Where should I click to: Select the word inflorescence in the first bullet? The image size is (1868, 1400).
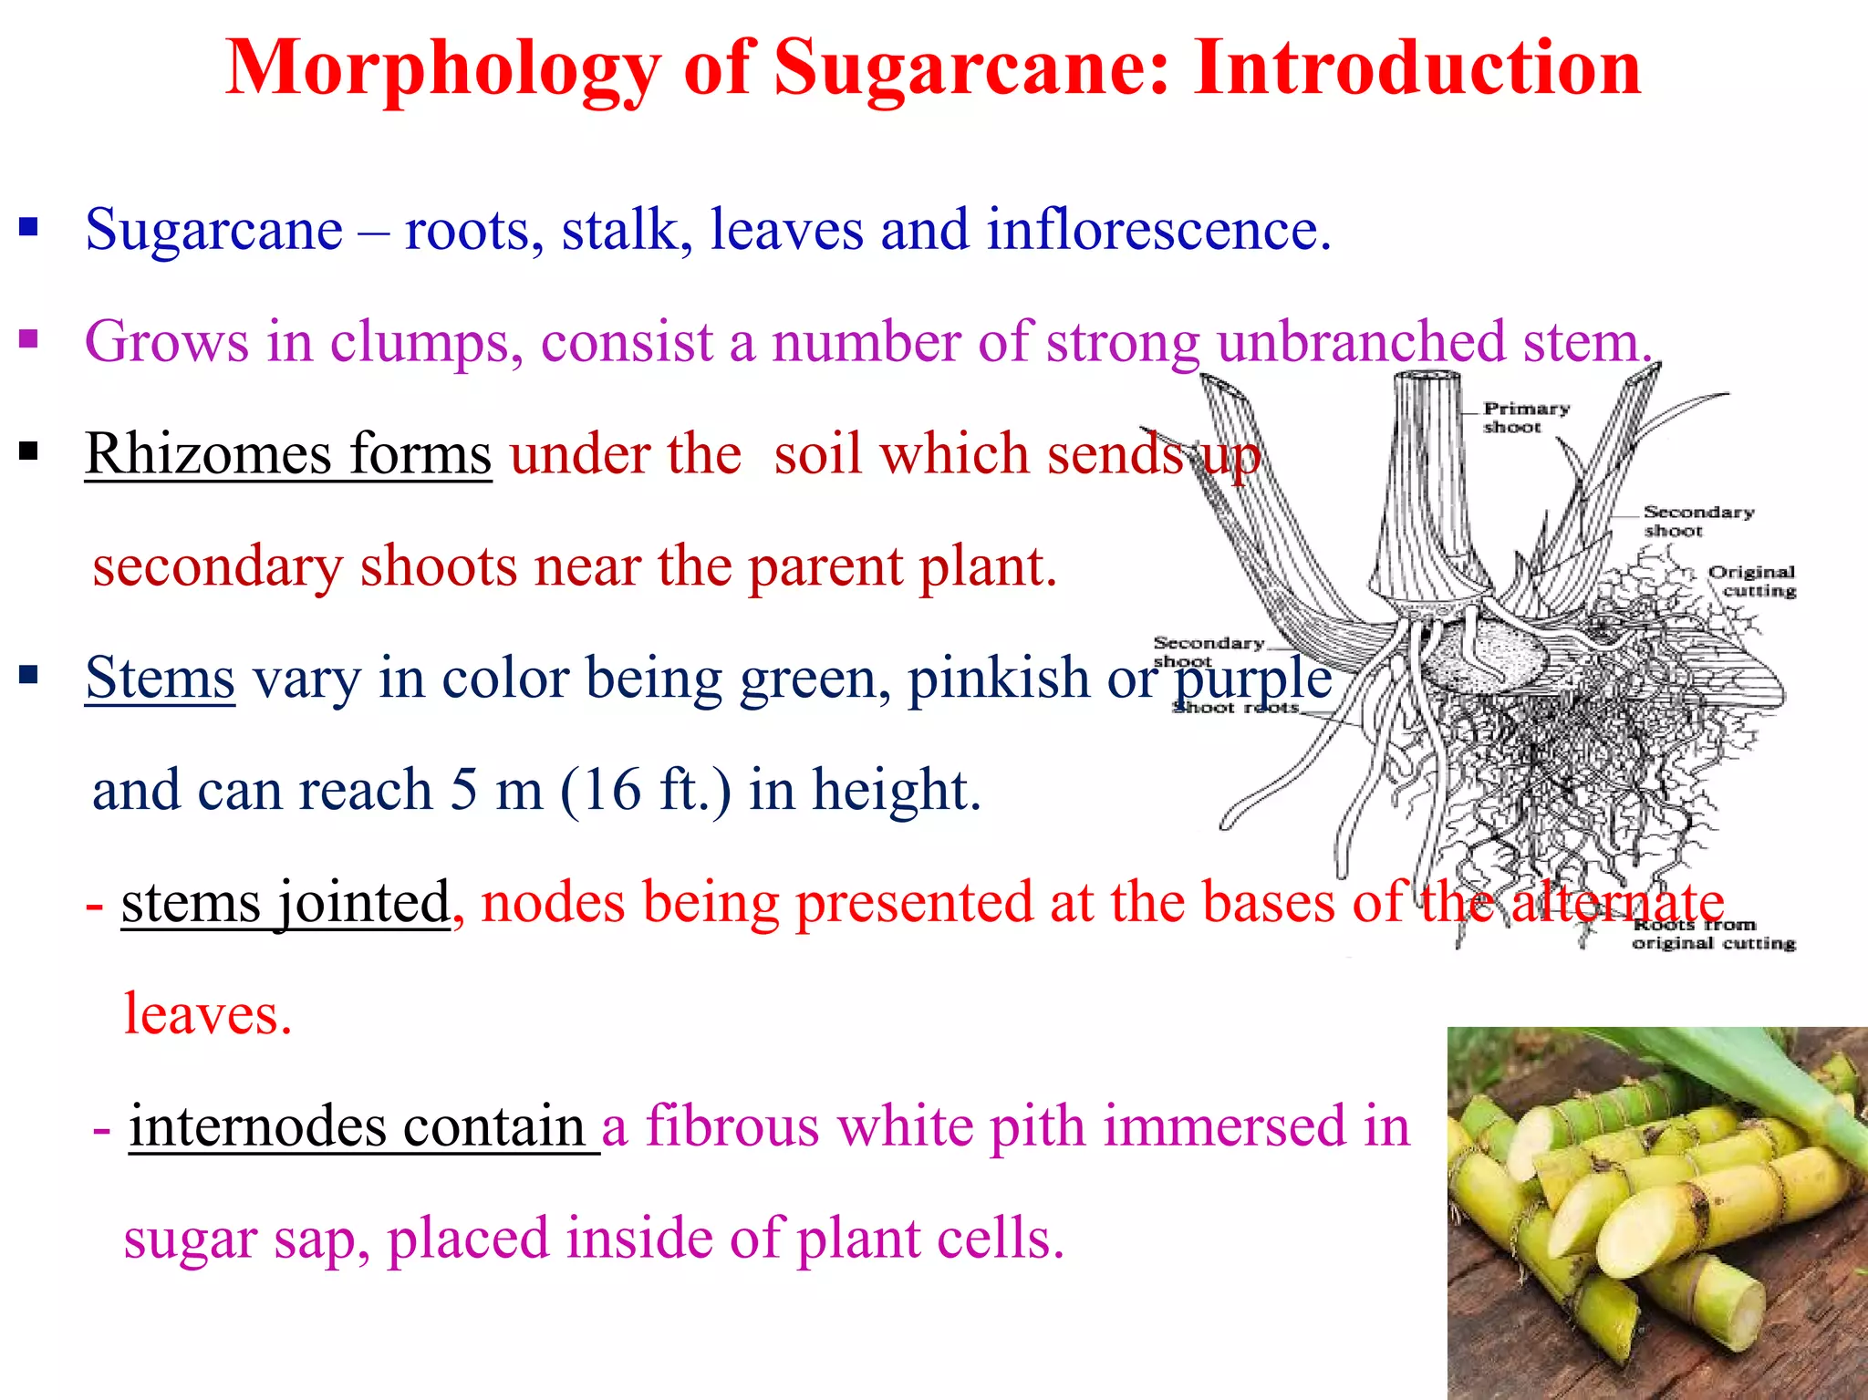(x=1158, y=229)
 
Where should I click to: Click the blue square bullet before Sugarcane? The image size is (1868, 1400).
(x=29, y=226)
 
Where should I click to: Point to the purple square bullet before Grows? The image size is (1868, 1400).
(x=29, y=339)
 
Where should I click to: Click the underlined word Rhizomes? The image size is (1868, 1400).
(x=207, y=453)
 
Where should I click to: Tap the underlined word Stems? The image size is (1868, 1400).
(x=160, y=678)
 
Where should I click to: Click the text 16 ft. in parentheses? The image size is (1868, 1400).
(x=645, y=790)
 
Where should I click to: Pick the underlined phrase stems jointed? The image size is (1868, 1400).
(x=285, y=902)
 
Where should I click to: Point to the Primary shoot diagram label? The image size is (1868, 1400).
(x=1525, y=417)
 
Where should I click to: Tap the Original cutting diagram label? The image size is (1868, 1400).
(x=1751, y=581)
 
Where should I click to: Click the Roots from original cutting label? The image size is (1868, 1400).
(x=1713, y=934)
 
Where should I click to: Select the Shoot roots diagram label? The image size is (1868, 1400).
(x=1235, y=708)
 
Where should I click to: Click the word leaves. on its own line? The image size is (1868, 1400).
(x=208, y=1014)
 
